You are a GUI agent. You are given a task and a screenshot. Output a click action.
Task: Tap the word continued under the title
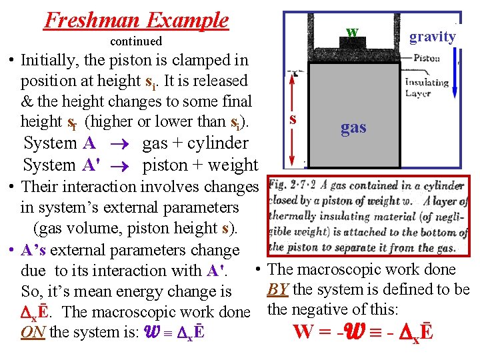point(135,41)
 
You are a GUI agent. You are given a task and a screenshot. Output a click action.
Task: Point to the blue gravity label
point(432,37)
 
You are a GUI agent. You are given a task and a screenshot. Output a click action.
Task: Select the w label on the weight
point(352,32)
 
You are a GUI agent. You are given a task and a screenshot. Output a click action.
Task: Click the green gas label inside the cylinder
point(353,127)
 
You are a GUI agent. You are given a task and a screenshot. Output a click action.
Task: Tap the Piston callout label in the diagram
point(427,58)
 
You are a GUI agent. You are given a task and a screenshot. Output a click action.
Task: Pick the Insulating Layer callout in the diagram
point(427,88)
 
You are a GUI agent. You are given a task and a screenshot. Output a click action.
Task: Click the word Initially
point(50,60)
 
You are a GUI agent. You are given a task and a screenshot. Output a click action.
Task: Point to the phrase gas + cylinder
point(195,143)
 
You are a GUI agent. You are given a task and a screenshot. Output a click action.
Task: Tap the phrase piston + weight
point(201,165)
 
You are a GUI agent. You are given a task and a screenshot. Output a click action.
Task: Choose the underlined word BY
point(277,290)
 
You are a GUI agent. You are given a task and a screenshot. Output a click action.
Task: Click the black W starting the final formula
point(303,331)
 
